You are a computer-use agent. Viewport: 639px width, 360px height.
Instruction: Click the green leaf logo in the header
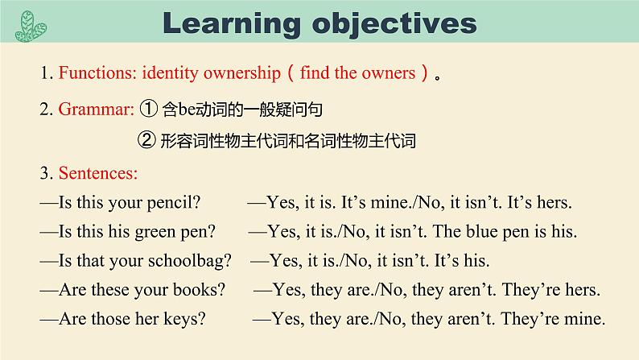coord(31,26)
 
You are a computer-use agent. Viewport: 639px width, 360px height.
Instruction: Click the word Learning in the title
coord(232,24)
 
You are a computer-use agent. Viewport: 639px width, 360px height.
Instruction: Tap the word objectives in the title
coord(394,24)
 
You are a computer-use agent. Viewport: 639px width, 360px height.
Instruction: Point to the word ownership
coord(242,73)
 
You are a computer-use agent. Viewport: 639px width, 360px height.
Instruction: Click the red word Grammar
coord(97,110)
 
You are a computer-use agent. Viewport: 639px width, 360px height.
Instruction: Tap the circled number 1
coord(148,109)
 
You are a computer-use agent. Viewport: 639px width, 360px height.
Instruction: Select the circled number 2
coord(146,140)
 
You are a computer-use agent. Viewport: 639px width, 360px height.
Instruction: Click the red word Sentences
coord(98,173)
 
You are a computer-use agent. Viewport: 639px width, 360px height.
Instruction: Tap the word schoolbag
coord(189,261)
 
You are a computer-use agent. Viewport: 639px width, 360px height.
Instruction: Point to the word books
coord(199,290)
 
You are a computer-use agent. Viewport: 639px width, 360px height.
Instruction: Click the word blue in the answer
coord(482,232)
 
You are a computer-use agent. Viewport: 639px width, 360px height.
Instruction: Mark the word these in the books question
coord(111,290)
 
